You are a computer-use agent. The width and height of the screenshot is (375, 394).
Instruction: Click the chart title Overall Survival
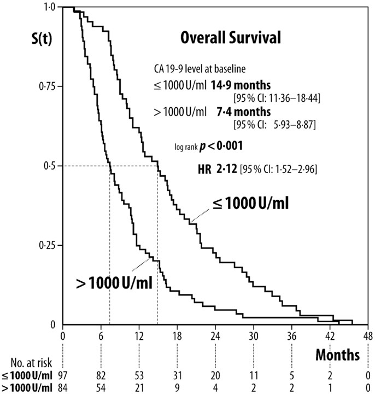coord(231,38)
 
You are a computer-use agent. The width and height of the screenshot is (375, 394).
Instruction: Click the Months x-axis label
coord(337,355)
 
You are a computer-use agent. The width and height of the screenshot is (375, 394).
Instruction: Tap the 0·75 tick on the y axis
coord(48,86)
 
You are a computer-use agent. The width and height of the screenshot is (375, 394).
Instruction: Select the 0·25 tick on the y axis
coord(48,245)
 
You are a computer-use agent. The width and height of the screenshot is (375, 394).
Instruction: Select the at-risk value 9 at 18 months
coord(177,387)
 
